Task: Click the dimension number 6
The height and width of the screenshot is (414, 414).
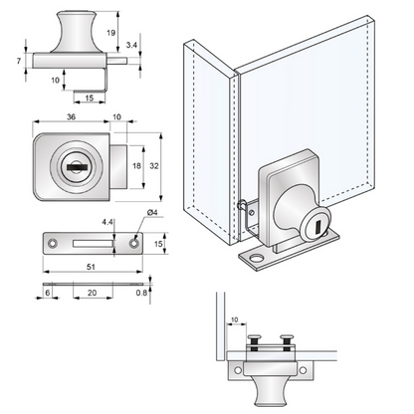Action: (x=48, y=294)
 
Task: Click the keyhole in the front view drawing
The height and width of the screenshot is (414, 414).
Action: (x=77, y=167)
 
